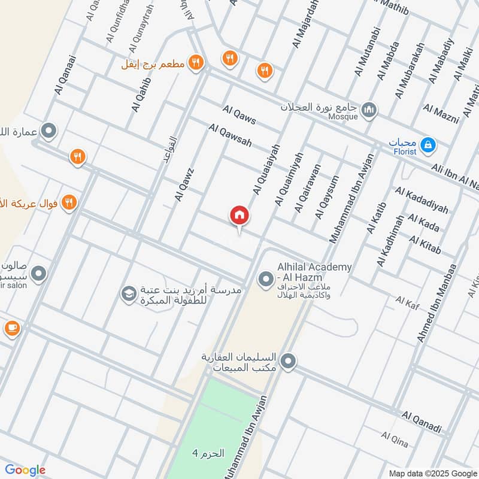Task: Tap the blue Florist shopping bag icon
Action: [428, 144]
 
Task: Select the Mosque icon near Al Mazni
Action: [369, 110]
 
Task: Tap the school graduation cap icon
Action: [128, 293]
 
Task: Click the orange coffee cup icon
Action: [11, 328]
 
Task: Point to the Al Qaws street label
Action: [239, 114]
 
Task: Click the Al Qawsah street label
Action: [231, 136]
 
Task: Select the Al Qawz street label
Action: [186, 183]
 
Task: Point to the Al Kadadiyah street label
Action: [422, 200]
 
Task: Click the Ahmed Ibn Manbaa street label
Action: [436, 303]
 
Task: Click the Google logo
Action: [25, 470]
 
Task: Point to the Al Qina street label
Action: [395, 440]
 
